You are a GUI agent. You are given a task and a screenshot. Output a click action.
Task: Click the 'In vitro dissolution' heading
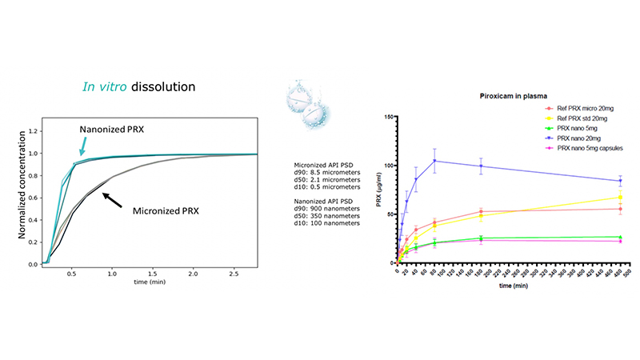click(x=140, y=86)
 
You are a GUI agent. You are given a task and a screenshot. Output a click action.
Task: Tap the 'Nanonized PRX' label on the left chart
click(x=111, y=129)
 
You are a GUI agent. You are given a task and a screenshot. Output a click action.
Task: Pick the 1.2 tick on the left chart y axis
click(x=31, y=130)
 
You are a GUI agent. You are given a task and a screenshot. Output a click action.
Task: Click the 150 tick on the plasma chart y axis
click(x=389, y=117)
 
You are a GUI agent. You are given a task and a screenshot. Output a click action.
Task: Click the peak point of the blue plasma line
click(x=434, y=161)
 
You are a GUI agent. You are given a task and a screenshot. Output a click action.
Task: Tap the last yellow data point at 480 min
click(x=619, y=197)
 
